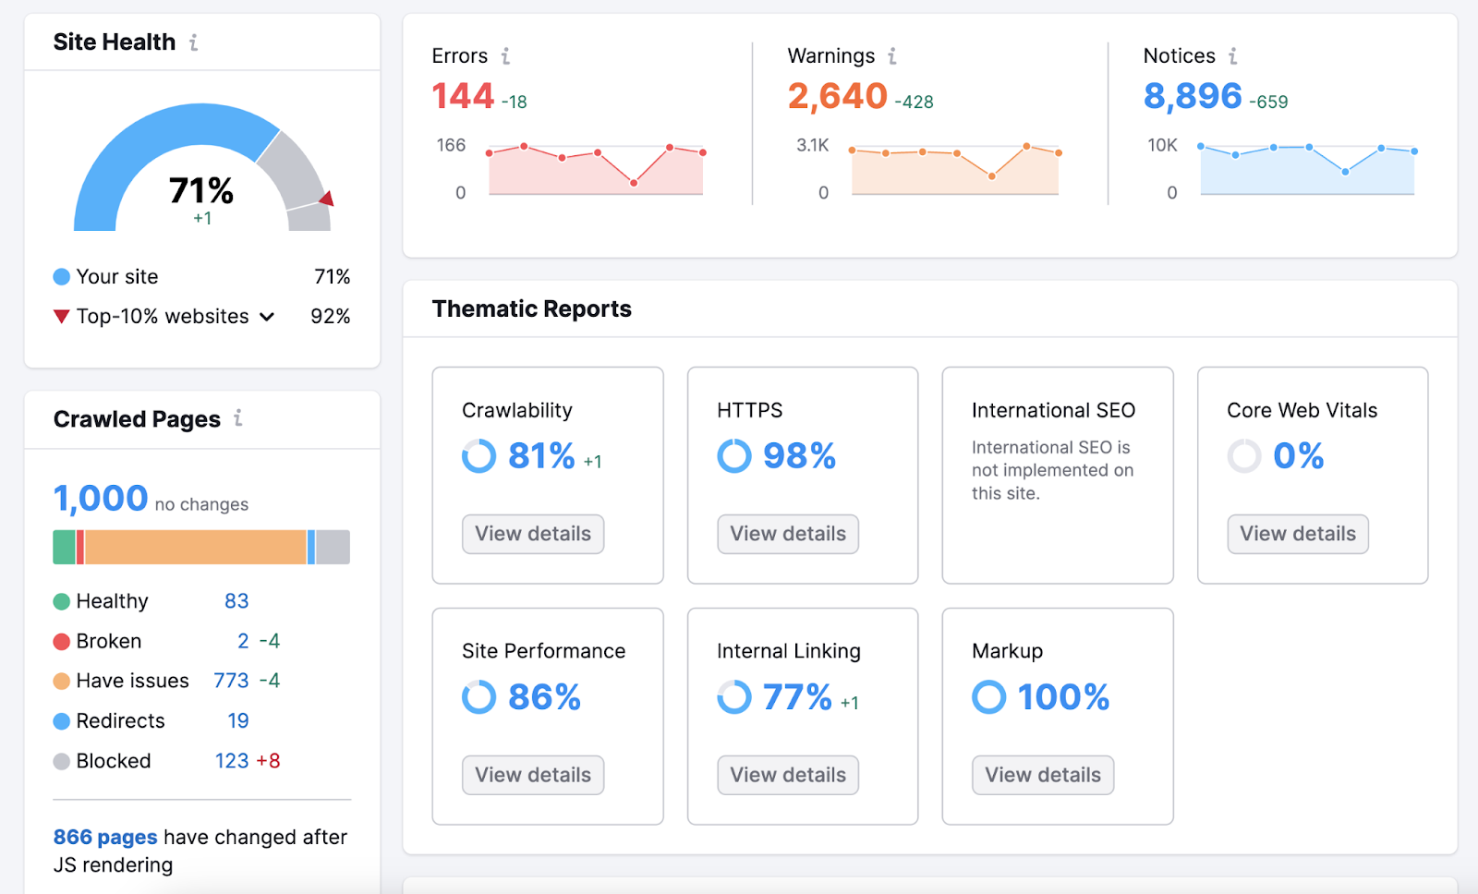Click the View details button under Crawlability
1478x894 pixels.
coord(533,534)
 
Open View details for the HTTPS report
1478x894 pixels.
coord(788,534)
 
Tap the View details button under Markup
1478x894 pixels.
coord(1043,775)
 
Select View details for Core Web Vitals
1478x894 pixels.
coord(1298,534)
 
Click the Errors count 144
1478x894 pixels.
coord(464,96)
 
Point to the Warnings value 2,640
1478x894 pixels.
coord(837,96)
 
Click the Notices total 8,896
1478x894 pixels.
coord(1193,96)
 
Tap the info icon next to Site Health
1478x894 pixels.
coord(194,42)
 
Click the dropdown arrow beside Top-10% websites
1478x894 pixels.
coord(267,317)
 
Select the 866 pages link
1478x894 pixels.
coord(105,837)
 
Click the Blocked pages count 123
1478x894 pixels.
coord(232,761)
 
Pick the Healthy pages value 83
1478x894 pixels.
coord(236,601)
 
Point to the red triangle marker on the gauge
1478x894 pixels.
coord(327,199)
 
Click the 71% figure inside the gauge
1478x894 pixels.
coord(201,191)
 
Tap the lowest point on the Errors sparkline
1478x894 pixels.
coord(634,183)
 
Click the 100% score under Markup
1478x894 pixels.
coord(1063,697)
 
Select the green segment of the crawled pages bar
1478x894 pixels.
coord(64,547)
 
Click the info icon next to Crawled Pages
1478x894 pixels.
coord(238,418)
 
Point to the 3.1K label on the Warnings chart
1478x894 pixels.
coord(813,145)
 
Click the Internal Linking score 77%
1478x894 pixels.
coord(797,697)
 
